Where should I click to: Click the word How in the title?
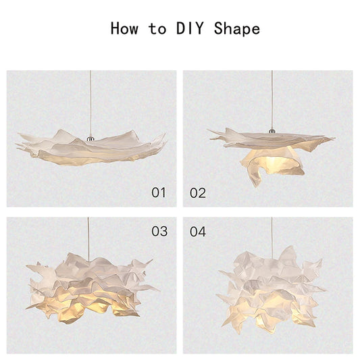click(x=125, y=28)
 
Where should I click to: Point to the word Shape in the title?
click(x=236, y=28)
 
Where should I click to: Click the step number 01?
click(x=158, y=193)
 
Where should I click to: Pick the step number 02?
click(x=197, y=193)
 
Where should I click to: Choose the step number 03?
click(x=159, y=232)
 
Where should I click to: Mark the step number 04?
click(x=197, y=232)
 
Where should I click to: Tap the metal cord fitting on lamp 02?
click(x=272, y=130)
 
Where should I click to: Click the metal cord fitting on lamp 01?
click(x=89, y=136)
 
